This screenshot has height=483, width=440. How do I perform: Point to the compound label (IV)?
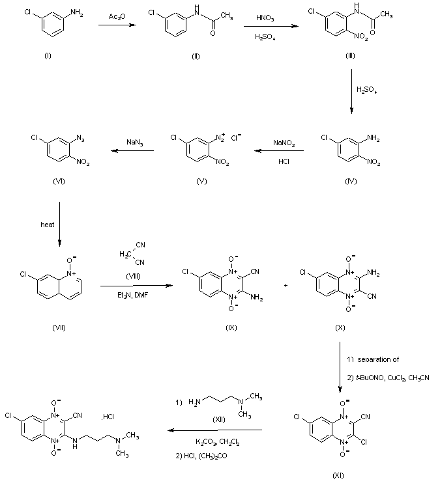click(x=351, y=180)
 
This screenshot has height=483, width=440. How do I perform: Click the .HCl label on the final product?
click(x=108, y=417)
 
